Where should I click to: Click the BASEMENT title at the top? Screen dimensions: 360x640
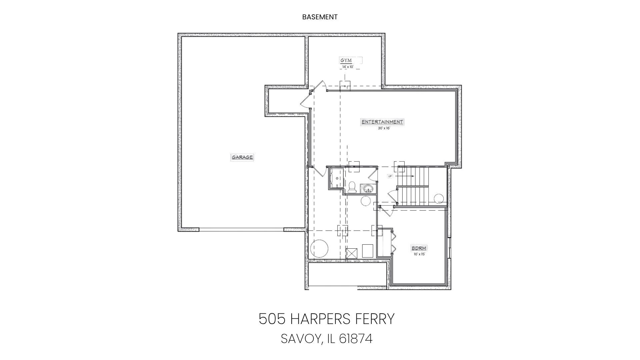point(320,17)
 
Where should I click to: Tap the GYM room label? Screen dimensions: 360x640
point(346,60)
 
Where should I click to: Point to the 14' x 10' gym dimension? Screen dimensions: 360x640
point(348,67)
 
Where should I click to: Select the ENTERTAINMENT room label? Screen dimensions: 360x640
point(382,122)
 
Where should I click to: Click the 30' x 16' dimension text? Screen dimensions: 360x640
point(384,128)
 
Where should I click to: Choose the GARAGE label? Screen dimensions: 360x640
point(242,157)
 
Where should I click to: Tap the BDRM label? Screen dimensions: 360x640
point(419,248)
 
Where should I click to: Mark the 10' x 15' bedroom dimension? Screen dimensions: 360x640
point(419,254)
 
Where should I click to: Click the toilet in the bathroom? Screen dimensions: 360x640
point(352,188)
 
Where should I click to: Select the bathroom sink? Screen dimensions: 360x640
point(368,189)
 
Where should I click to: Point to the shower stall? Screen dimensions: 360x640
point(336,178)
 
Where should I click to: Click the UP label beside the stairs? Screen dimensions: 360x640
point(390,176)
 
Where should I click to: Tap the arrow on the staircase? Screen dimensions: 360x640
point(408,176)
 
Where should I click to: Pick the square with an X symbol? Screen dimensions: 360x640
point(352,253)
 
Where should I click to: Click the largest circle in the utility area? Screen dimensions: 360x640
point(319,248)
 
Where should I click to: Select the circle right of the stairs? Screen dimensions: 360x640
point(439,199)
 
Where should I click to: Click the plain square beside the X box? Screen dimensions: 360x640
point(368,251)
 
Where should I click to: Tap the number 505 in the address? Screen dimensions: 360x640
point(272,319)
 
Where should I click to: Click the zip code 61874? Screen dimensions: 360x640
point(356,339)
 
